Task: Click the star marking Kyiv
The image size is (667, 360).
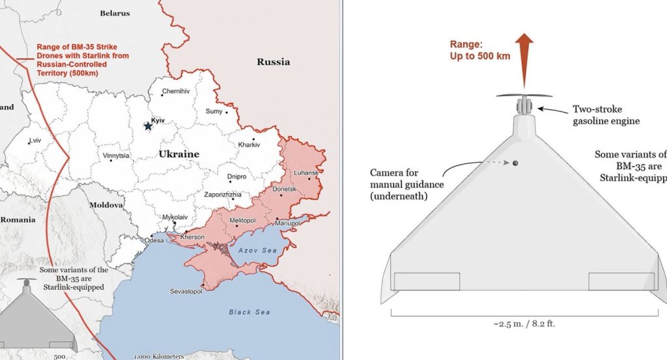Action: click(x=148, y=126)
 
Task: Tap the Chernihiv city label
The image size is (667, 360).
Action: click(x=176, y=91)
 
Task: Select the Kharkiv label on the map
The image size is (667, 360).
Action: click(x=249, y=145)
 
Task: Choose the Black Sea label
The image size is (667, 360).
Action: click(x=249, y=312)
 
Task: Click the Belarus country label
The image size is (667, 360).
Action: click(x=115, y=13)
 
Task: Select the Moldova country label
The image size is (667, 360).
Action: click(x=106, y=204)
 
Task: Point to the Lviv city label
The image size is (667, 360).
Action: click(x=35, y=141)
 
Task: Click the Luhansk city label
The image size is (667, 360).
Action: click(x=306, y=173)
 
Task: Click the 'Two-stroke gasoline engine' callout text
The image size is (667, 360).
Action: click(x=606, y=115)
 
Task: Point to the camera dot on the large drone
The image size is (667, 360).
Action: click(x=515, y=163)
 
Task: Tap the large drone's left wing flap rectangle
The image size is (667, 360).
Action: click(x=427, y=281)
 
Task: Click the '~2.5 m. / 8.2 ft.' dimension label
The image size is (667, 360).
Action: click(x=524, y=323)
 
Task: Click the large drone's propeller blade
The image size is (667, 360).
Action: click(x=524, y=95)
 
